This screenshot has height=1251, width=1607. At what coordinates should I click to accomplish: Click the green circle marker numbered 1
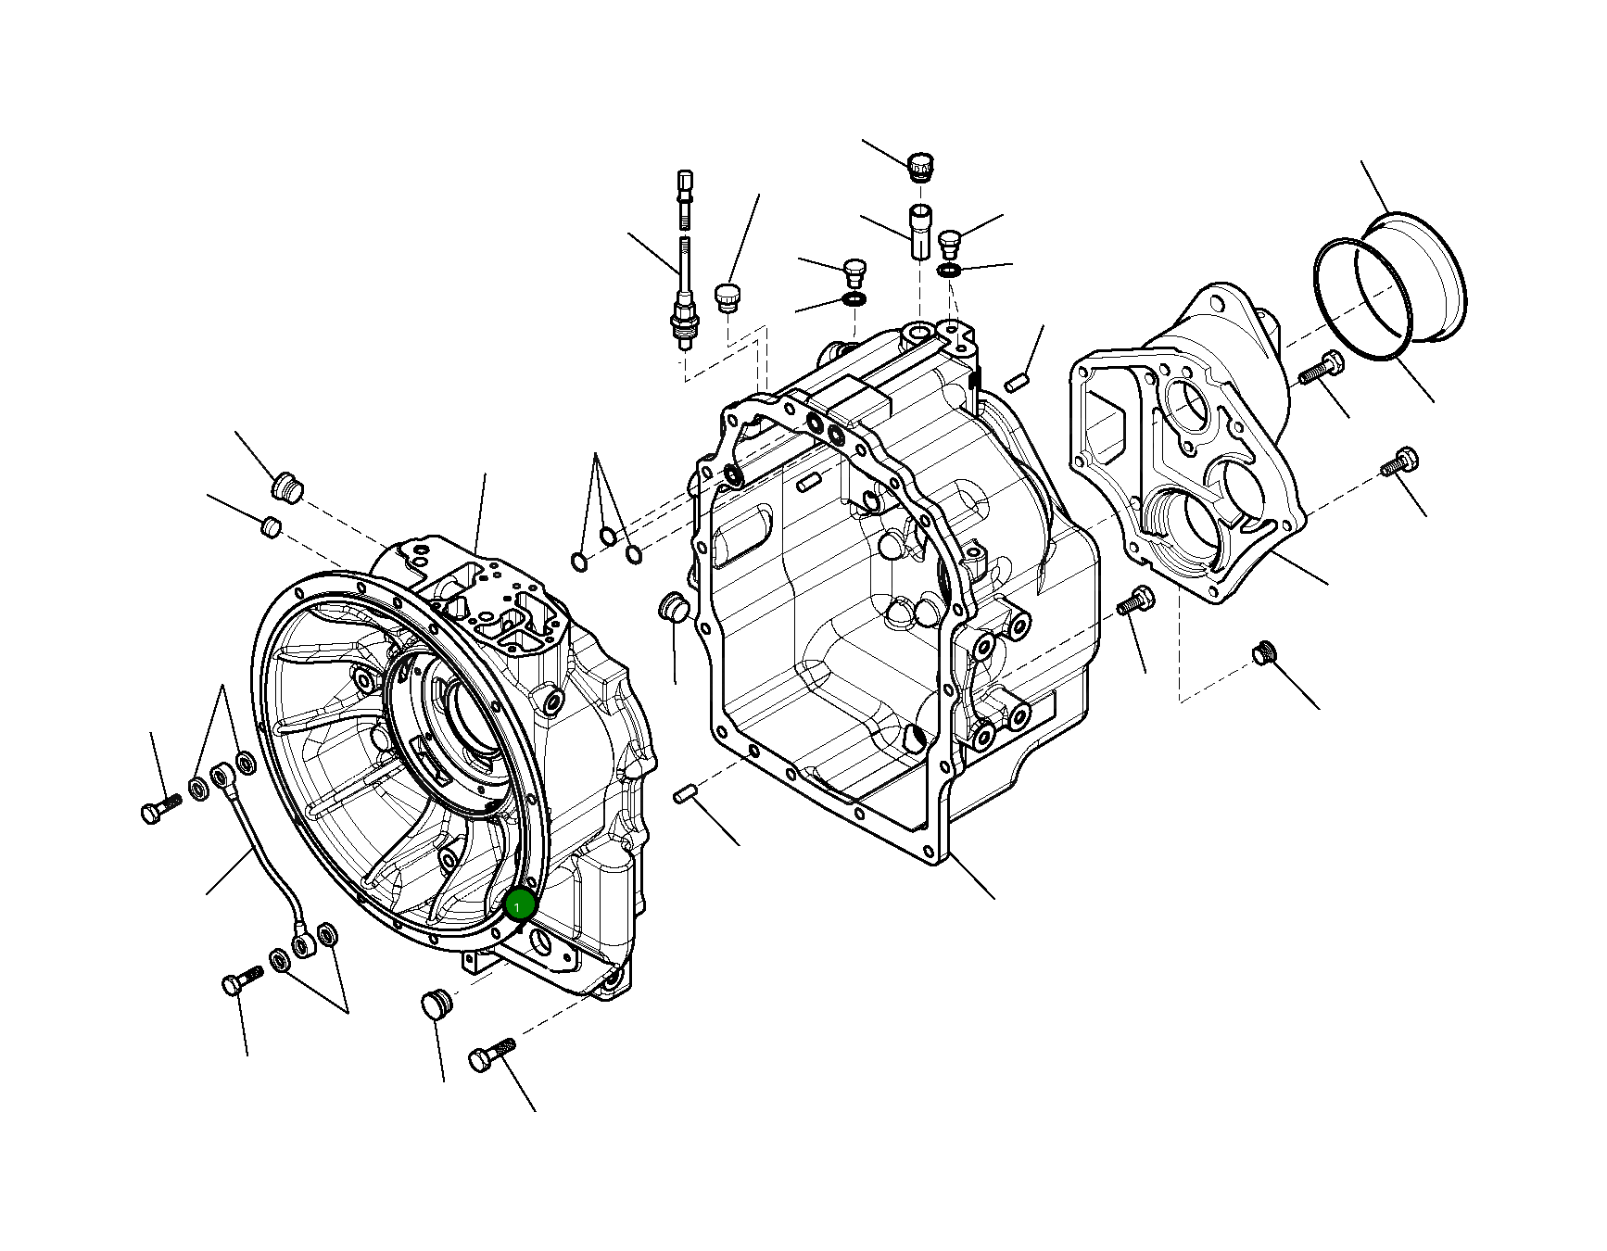[x=520, y=904]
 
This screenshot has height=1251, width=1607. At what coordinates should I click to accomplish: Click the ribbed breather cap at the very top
[x=920, y=166]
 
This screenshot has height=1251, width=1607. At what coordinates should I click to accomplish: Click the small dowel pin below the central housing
[x=685, y=793]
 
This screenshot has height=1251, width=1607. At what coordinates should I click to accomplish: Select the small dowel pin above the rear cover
[x=1017, y=381]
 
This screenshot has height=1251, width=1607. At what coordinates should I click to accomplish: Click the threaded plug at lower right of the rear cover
[x=1263, y=652]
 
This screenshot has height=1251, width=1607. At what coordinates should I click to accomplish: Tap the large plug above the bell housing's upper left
[x=287, y=486]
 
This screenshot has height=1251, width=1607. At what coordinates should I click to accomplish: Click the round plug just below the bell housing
[x=436, y=1003]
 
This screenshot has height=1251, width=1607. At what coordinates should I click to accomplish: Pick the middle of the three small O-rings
[x=608, y=537]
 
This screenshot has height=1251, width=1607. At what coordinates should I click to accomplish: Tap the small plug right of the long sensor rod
[x=728, y=298]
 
